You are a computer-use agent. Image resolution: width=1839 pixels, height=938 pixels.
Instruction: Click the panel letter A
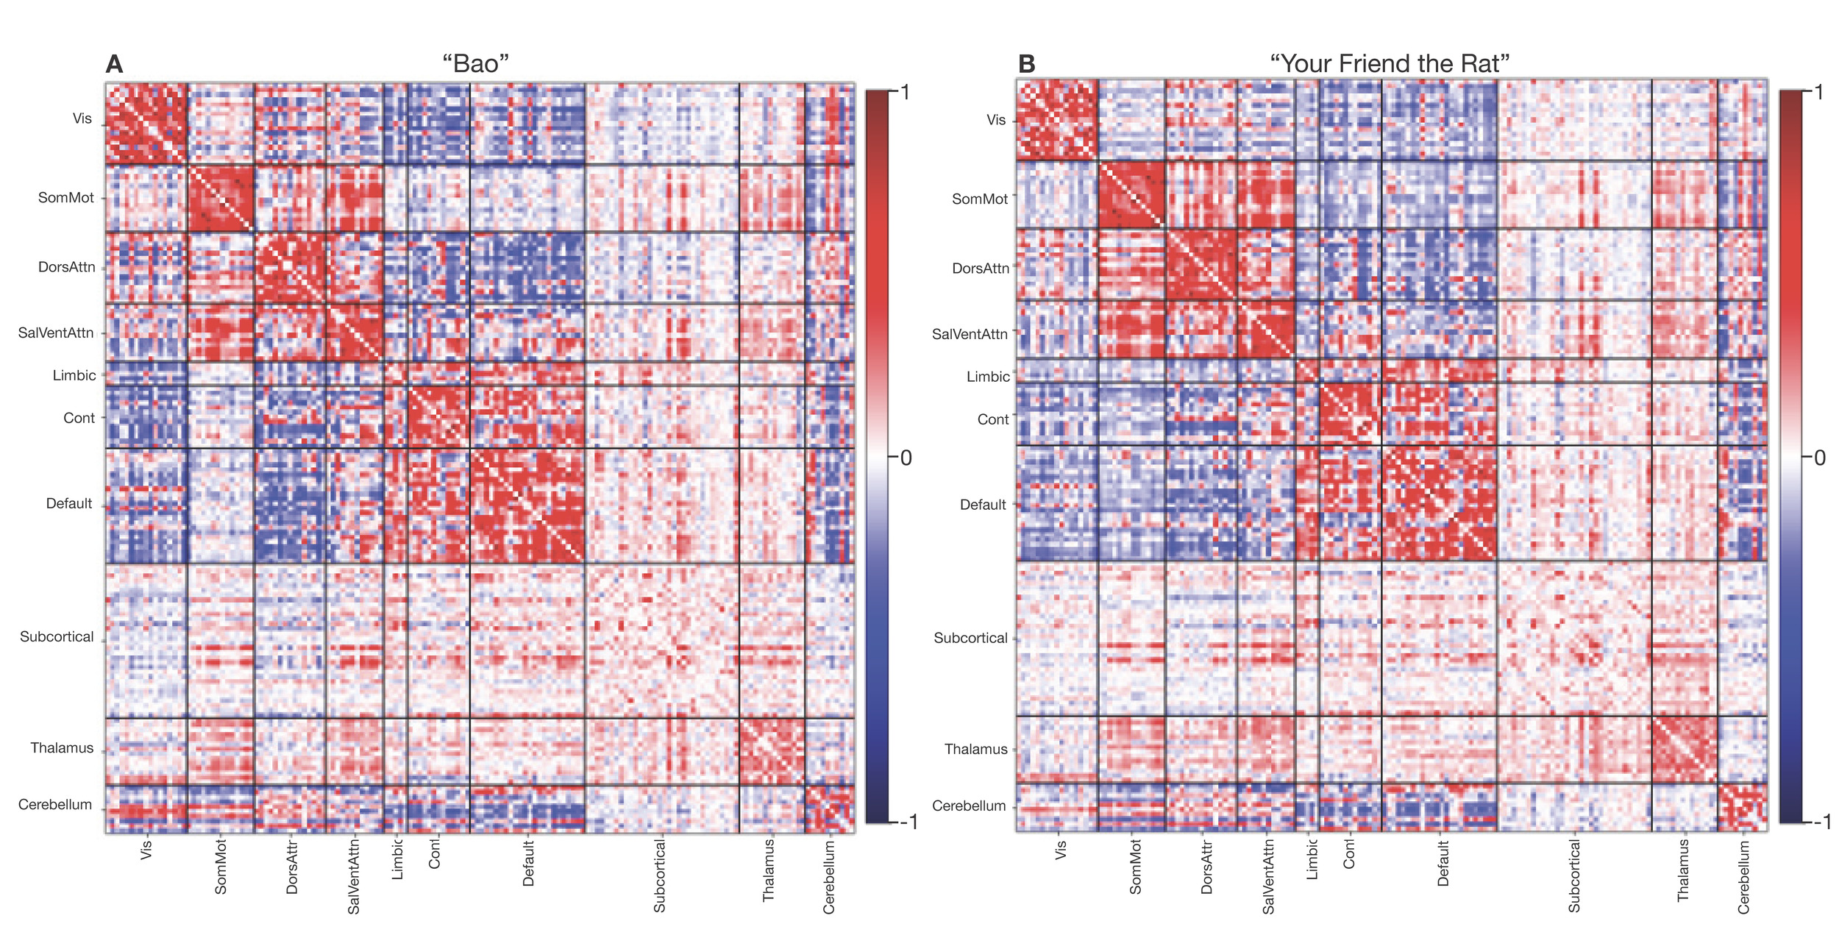pos(114,65)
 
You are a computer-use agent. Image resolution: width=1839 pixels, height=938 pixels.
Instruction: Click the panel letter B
pos(1026,65)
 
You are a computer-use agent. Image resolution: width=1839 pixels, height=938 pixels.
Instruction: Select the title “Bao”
pos(475,64)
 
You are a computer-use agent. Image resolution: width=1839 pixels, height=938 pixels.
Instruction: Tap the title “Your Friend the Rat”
pos(1390,64)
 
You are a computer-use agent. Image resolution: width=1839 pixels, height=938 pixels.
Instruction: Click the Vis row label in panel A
pos(82,118)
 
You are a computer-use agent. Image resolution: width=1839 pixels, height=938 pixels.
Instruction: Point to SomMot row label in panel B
pos(980,199)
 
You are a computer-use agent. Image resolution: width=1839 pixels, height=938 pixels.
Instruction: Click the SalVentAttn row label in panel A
pos(56,333)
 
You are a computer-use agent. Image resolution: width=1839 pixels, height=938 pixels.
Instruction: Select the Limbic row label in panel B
pos(988,377)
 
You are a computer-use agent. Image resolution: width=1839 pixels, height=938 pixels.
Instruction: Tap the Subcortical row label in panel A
pos(57,636)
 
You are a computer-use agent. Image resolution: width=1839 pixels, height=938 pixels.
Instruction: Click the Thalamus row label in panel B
pos(975,749)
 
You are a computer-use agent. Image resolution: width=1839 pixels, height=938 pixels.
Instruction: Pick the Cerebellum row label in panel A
pos(55,804)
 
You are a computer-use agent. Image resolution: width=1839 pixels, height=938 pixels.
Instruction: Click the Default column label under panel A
pos(528,864)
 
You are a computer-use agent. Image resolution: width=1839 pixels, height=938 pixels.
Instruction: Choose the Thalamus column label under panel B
pos(1683,871)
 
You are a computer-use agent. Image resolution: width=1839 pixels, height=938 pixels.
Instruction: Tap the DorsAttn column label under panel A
pos(292,866)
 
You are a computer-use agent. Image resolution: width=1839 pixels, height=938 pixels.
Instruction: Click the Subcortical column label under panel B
pos(1573,876)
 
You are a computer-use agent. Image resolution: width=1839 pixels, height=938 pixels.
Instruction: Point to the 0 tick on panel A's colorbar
pos(906,458)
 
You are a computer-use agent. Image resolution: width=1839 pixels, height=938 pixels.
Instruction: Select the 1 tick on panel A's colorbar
pos(906,92)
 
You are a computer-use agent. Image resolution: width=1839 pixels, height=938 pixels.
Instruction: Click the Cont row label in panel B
pos(993,419)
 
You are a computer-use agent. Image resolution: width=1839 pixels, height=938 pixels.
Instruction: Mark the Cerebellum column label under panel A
pos(829,878)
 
